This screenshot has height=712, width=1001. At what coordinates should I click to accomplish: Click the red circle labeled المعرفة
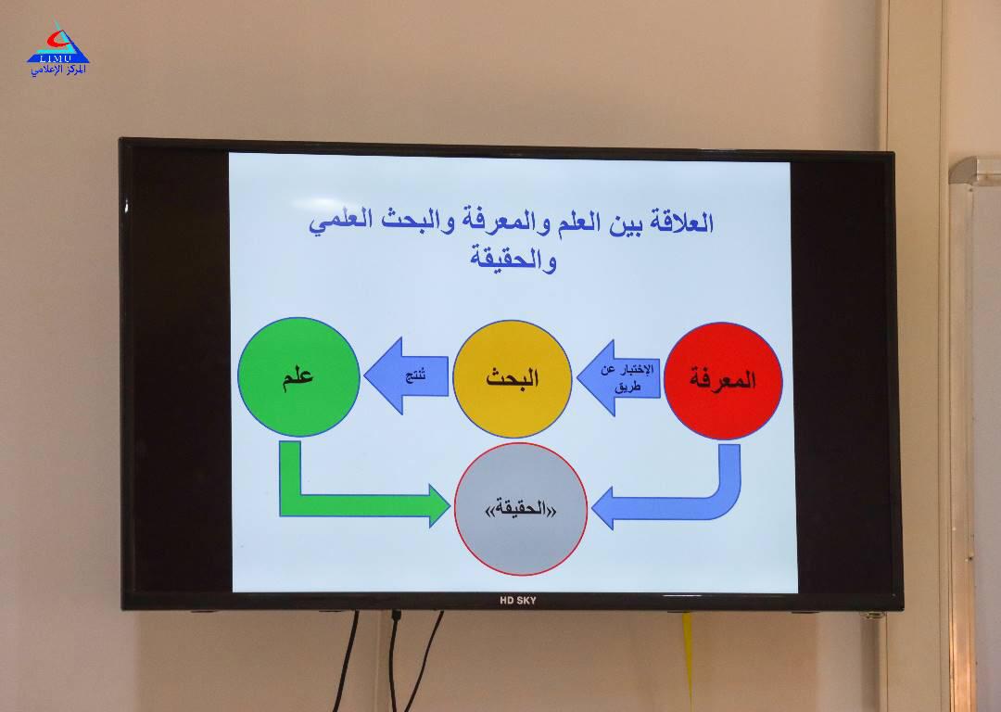click(723, 381)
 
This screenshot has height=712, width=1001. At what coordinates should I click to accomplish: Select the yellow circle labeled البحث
click(512, 378)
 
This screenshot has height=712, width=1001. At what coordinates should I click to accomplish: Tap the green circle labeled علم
click(298, 376)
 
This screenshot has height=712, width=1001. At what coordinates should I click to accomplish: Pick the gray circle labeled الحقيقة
click(520, 509)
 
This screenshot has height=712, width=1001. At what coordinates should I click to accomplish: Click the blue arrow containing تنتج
click(407, 375)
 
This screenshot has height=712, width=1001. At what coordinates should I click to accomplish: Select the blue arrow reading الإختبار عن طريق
click(618, 378)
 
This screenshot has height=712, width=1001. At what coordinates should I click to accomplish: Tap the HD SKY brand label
click(518, 600)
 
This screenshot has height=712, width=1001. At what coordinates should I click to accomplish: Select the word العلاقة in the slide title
click(681, 222)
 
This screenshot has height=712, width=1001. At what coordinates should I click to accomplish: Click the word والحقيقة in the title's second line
click(513, 259)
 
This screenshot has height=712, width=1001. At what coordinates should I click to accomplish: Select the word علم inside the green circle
click(298, 376)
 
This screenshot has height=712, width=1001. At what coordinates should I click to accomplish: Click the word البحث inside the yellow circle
click(512, 378)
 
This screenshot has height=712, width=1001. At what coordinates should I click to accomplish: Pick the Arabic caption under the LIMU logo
click(58, 70)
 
